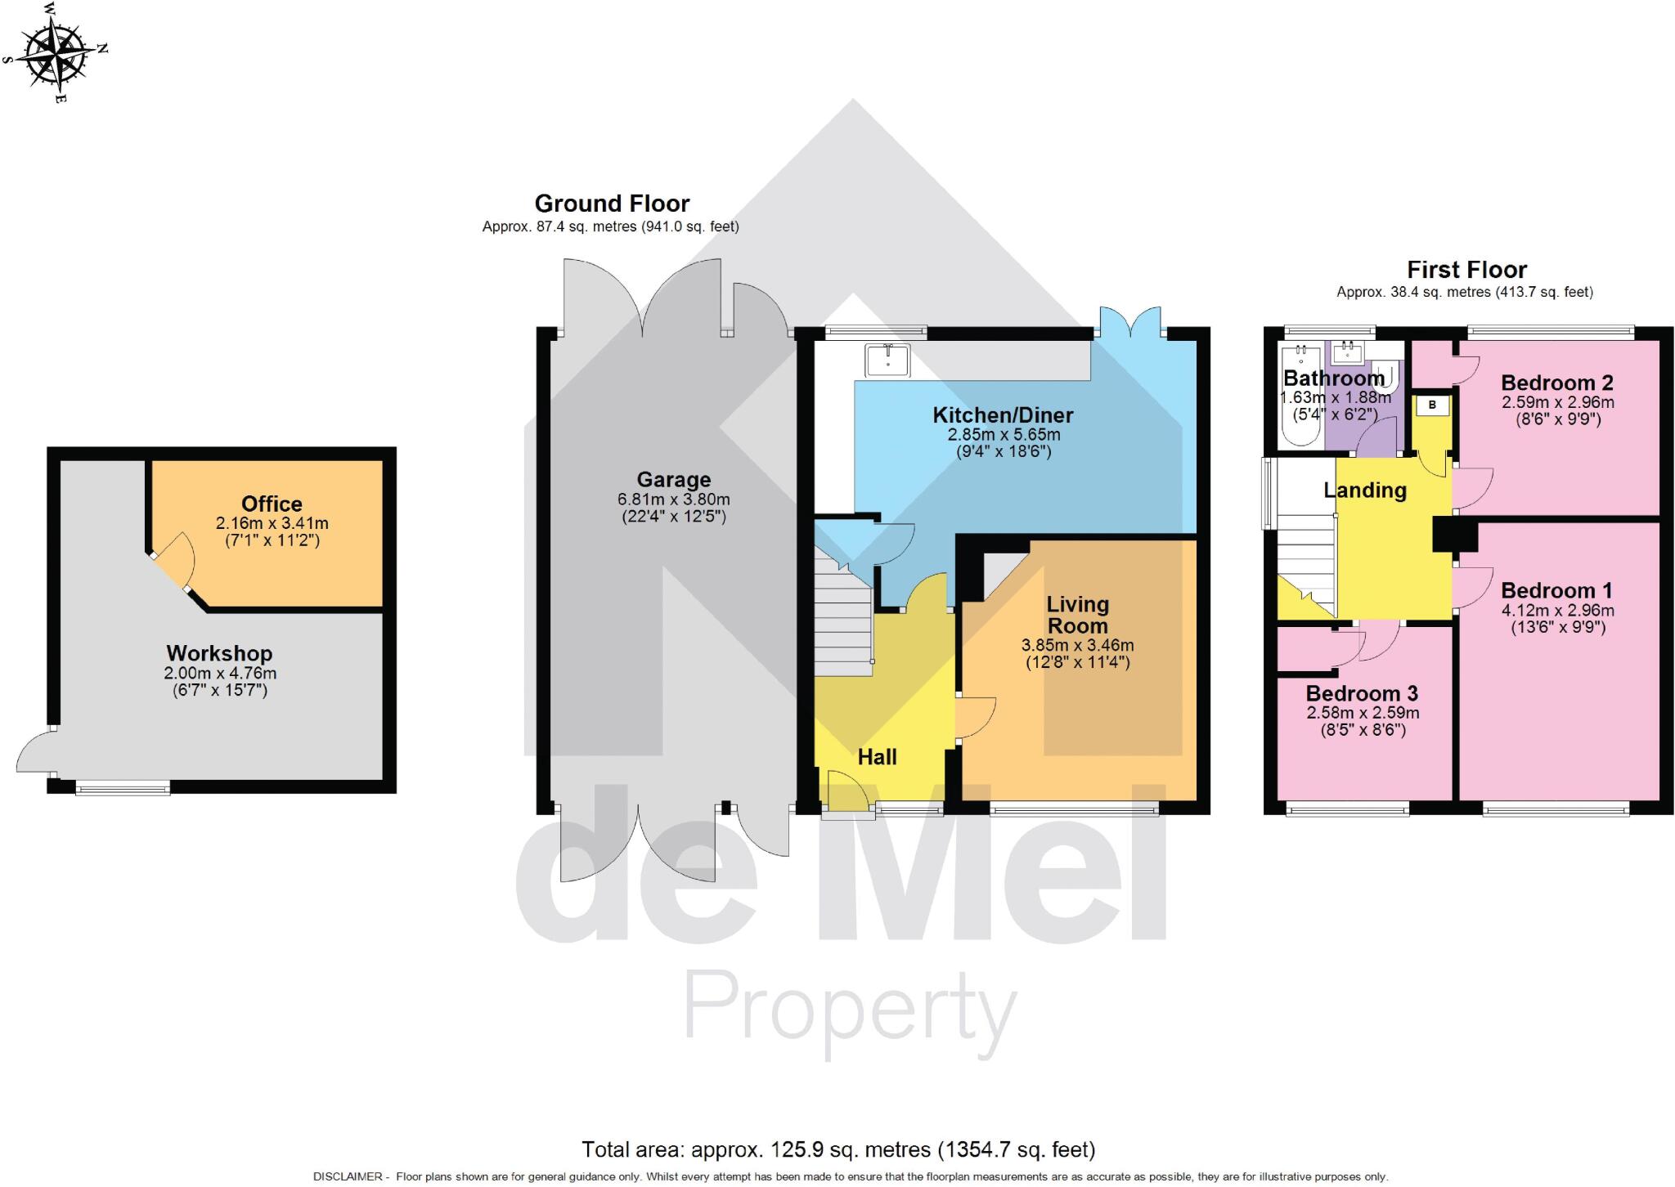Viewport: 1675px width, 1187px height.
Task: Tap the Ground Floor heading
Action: coord(612,204)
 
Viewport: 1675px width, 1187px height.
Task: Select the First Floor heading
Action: coord(1466,270)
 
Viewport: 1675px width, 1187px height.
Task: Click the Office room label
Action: coord(272,504)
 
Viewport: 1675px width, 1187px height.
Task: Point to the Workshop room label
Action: coord(219,653)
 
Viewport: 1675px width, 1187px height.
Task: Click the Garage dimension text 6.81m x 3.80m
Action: coord(673,499)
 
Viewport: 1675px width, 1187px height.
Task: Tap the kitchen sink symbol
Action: coord(887,360)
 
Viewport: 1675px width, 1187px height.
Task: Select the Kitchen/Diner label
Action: coord(1003,415)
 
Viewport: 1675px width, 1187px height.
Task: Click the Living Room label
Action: coord(1077,615)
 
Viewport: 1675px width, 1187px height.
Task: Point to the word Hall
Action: coord(877,757)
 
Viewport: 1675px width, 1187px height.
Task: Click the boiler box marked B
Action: coord(1432,405)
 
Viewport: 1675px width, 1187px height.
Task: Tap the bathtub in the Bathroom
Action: coord(1300,396)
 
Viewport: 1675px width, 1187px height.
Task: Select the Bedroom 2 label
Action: coord(1556,383)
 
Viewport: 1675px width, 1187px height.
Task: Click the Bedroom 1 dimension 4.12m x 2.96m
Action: coord(1557,611)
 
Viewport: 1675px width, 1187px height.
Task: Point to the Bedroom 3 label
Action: coord(1362,693)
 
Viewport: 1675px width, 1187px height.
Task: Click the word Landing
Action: coord(1364,490)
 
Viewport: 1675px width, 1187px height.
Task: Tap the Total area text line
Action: coord(837,1149)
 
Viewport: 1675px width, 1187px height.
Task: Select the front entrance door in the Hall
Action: coord(846,791)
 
